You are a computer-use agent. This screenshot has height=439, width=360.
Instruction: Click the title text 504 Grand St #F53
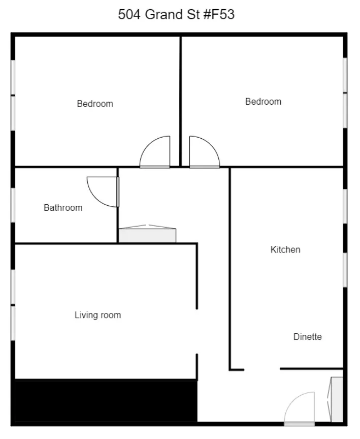coord(176,15)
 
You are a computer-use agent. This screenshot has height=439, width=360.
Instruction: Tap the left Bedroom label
coord(95,104)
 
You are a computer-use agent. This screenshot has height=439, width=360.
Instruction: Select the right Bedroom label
coord(263,102)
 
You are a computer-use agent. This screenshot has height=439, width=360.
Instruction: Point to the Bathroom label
coord(63,208)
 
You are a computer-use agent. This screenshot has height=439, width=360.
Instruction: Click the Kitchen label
coord(285,250)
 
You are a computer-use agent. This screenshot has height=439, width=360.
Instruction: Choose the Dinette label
coord(307,337)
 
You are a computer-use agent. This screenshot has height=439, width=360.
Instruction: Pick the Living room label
coord(98,316)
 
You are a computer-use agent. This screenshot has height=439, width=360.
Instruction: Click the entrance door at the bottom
coord(300,409)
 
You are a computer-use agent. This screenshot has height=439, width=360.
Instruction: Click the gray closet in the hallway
coord(147,235)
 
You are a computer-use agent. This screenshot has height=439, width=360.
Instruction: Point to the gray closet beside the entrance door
coord(337,399)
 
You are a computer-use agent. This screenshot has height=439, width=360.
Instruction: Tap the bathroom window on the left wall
coord(13,205)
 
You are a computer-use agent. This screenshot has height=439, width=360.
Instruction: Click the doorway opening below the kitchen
coord(262,369)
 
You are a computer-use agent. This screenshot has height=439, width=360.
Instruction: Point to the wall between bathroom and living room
coord(66,243)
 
